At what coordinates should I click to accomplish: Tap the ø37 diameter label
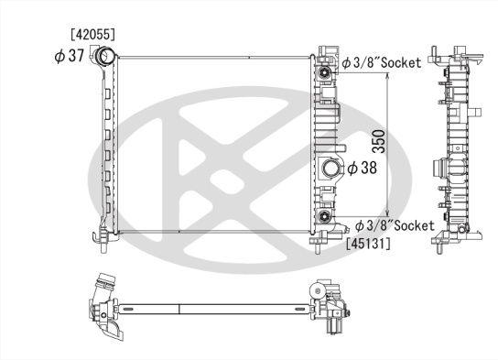[x=70, y=57]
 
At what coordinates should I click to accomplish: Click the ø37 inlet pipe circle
[x=104, y=59]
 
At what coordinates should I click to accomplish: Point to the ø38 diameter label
[x=363, y=168]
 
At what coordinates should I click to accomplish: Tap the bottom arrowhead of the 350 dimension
[x=391, y=213]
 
